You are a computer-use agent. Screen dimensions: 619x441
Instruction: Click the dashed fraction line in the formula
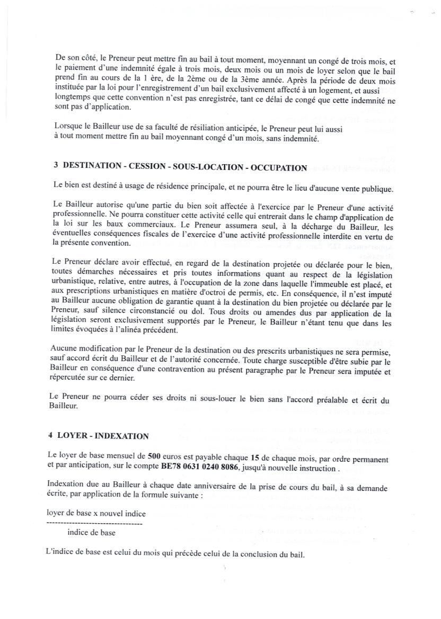[94, 523]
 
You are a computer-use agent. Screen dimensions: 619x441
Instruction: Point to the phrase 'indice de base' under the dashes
[91, 533]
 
